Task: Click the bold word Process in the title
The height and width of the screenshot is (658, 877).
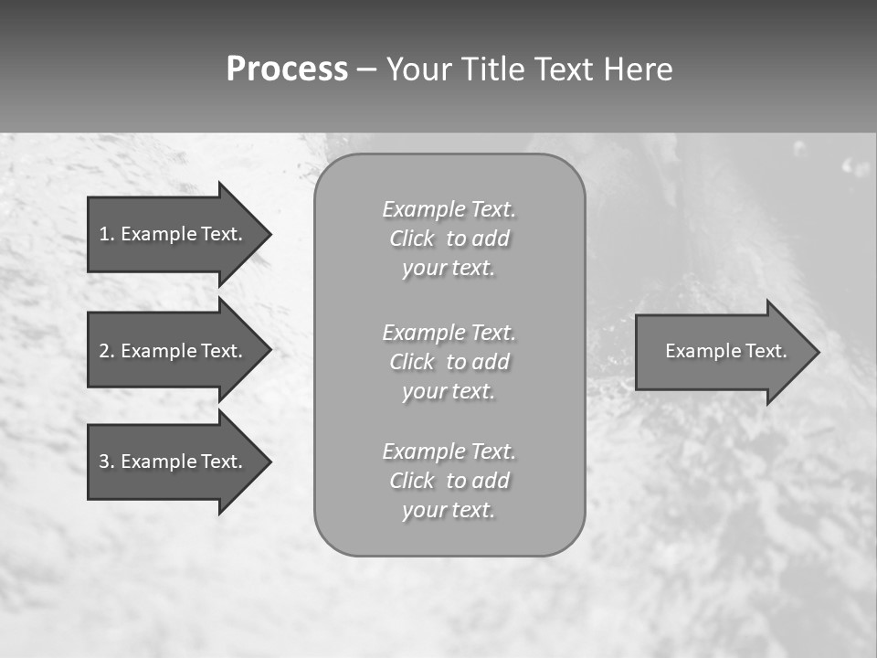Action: click(x=287, y=69)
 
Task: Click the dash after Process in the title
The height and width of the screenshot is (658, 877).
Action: click(x=366, y=70)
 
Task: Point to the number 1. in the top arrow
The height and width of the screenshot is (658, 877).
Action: click(x=107, y=234)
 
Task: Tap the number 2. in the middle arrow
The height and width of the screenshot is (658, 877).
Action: click(x=107, y=351)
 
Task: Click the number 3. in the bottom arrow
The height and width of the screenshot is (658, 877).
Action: click(x=107, y=462)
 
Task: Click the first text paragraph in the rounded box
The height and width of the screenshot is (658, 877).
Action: click(x=449, y=239)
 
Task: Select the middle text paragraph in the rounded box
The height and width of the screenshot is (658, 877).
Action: click(x=449, y=362)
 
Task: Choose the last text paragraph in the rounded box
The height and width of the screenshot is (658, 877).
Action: click(x=449, y=481)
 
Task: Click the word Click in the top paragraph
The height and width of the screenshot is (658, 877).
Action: click(x=412, y=239)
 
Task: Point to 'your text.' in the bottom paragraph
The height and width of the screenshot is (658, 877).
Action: click(x=449, y=510)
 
